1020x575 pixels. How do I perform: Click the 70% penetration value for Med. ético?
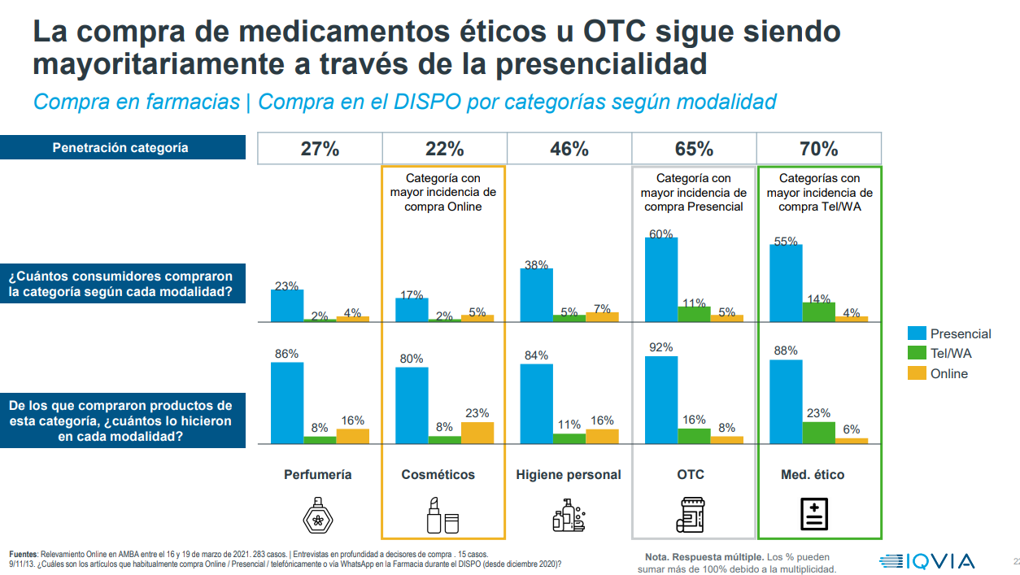click(818, 149)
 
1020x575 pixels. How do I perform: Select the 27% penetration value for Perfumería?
click(320, 149)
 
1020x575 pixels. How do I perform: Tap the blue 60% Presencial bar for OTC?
click(661, 279)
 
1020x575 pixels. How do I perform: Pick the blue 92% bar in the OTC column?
click(661, 399)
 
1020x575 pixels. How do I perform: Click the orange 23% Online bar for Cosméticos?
click(477, 433)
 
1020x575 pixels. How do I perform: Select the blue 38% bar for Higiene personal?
click(536, 294)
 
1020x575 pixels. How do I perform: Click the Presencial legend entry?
click(949, 333)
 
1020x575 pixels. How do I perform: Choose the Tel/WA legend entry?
click(939, 353)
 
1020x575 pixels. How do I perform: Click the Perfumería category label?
click(318, 474)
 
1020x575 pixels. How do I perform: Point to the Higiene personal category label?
click(569, 474)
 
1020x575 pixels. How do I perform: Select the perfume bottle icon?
click(318, 514)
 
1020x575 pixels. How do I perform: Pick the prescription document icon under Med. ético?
click(814, 513)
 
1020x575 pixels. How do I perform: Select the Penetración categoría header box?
click(122, 147)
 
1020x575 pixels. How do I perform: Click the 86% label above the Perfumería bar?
click(286, 354)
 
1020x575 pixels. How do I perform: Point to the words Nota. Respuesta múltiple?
click(704, 557)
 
